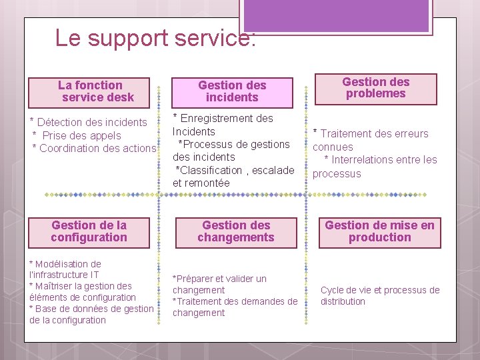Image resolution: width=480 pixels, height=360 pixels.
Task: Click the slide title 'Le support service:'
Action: click(155, 38)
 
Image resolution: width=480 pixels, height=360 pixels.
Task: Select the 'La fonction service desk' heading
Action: click(95, 91)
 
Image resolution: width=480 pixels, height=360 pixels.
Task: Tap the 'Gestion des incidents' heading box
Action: click(232, 91)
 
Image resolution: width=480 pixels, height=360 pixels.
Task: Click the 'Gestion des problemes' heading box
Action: click(375, 88)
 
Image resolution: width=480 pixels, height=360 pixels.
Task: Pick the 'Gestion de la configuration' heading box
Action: click(89, 231)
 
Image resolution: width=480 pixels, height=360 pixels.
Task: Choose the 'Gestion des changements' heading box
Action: click(235, 231)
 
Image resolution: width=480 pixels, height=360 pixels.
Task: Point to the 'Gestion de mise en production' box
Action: click(379, 231)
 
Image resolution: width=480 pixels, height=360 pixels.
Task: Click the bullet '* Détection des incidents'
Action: click(89, 122)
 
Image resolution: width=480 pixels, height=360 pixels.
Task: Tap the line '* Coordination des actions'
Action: click(94, 148)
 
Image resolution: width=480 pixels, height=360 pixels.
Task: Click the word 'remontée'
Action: click(207, 183)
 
